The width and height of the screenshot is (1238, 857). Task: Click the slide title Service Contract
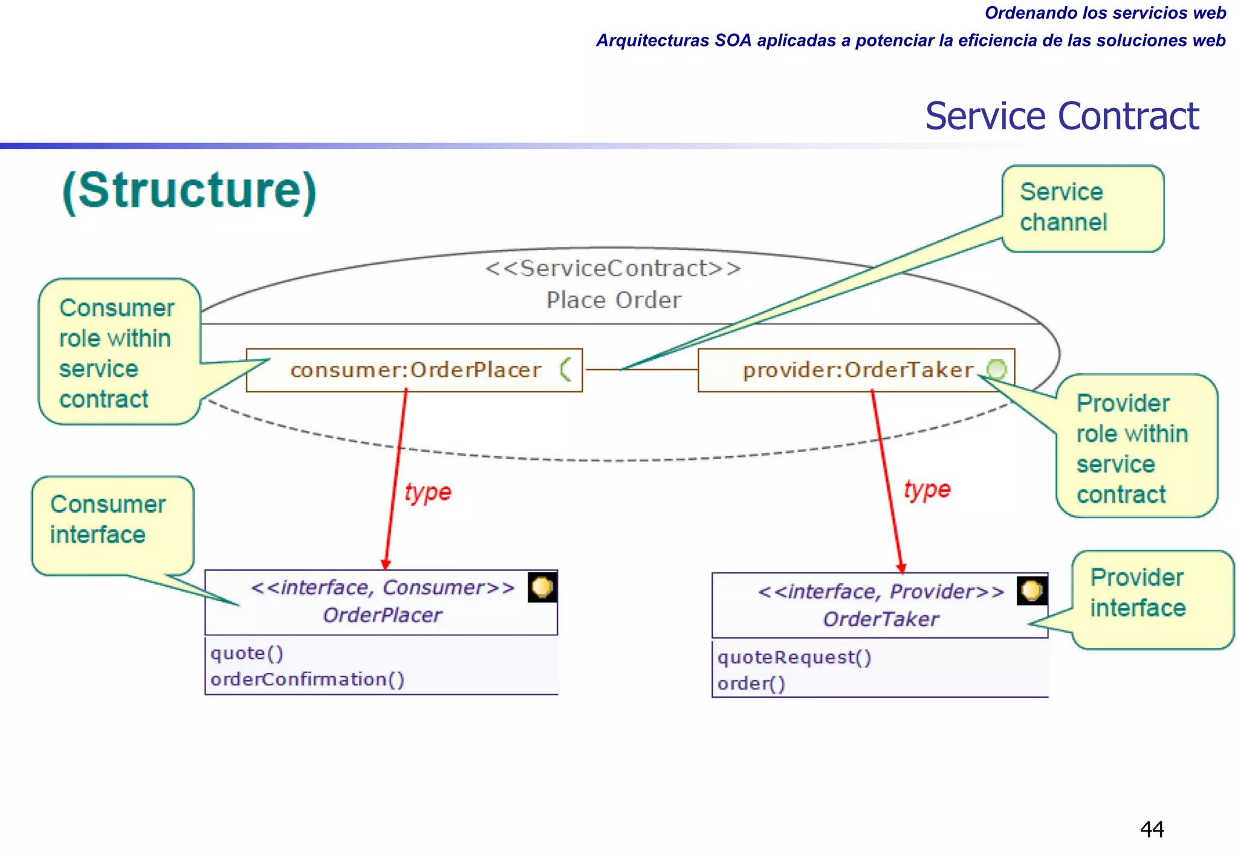pos(1061,116)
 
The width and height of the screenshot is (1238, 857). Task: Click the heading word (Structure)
pos(190,191)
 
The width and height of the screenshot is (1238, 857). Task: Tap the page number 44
pos(1152,829)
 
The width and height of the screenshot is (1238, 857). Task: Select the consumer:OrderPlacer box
pos(414,370)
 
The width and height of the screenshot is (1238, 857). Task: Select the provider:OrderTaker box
pos(855,370)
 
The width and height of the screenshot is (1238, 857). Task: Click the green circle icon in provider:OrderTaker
pos(996,369)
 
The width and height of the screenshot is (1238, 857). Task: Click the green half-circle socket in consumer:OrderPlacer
pos(566,369)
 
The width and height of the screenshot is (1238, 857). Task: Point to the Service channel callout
pos(1082,208)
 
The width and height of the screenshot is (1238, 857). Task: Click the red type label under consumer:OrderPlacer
pos(428,492)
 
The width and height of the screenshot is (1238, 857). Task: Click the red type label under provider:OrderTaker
pos(927,490)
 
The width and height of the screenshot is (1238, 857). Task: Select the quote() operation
pos(247,653)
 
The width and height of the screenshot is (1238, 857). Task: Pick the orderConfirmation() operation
pos(307,680)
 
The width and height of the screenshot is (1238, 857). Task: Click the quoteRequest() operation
pos(794,658)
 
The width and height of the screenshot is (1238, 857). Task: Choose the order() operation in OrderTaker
pos(751,684)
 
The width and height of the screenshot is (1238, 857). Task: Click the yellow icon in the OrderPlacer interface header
pos(542,587)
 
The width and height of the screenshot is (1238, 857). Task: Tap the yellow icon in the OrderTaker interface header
pos(1031,590)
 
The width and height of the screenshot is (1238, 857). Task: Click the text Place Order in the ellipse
pos(613,300)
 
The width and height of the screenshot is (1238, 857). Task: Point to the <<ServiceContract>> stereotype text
pos(613,268)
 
